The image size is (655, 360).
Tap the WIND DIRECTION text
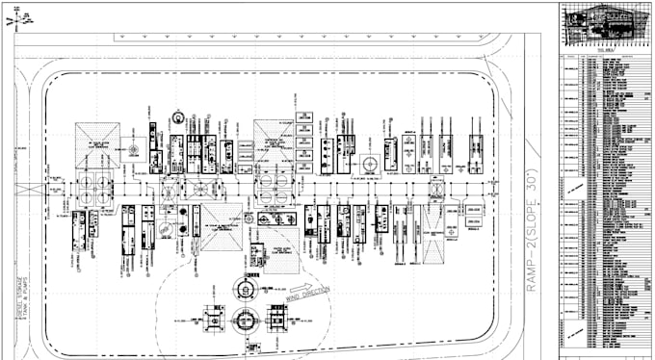(308, 293)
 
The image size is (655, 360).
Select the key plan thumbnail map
(605, 24)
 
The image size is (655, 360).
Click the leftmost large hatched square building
(97, 145)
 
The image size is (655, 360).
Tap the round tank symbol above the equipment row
(178, 118)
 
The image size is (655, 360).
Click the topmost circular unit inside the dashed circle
(246, 286)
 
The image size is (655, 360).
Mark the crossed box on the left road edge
(23, 190)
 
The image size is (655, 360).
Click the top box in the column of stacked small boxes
(303, 116)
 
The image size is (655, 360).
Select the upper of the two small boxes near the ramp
(474, 209)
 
